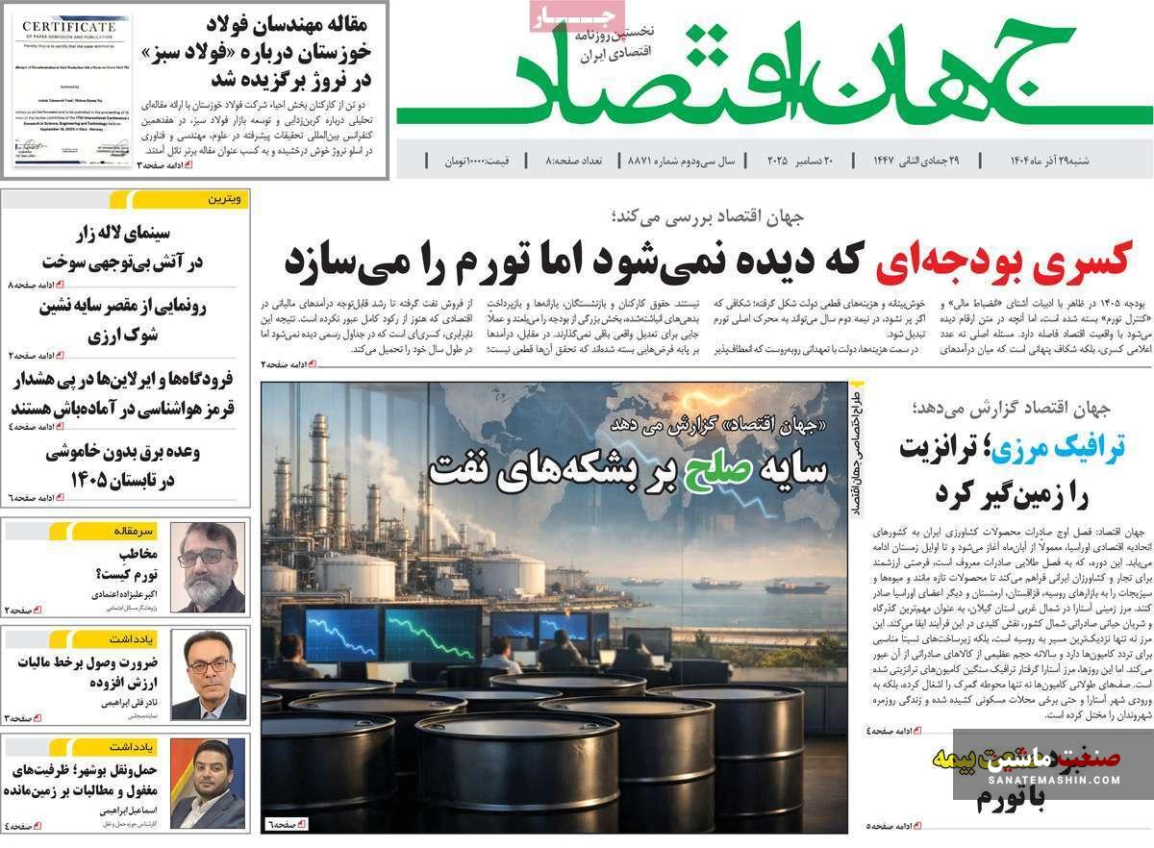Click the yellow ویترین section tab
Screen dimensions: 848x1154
227,199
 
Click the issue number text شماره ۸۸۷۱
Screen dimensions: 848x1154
655,161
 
